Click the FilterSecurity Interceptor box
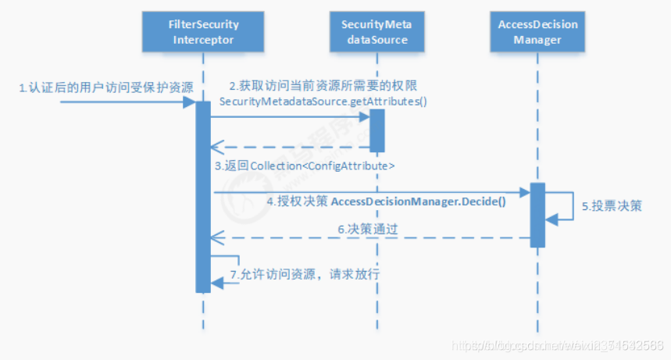pyautogui.click(x=202, y=32)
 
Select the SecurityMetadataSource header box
pyautogui.click(x=377, y=32)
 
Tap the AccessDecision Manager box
pyautogui.click(x=538, y=32)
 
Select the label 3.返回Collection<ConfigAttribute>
pyautogui.click(x=305, y=166)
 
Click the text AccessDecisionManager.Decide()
pyautogui.click(x=419, y=201)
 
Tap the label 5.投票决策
pyautogui.click(x=612, y=207)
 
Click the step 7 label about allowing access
pyautogui.click(x=305, y=275)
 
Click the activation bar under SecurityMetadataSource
pyautogui.click(x=377, y=130)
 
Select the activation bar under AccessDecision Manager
pyautogui.click(x=538, y=215)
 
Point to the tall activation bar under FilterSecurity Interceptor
pyautogui.click(x=202, y=195)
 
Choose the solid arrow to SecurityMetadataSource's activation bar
pyautogui.click(x=289, y=117)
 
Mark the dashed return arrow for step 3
pyautogui.click(x=289, y=146)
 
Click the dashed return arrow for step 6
pyautogui.click(x=367, y=237)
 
